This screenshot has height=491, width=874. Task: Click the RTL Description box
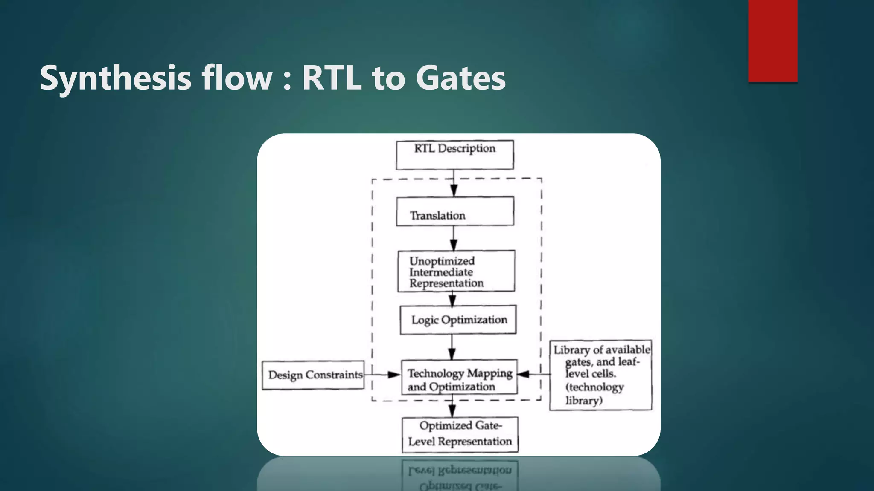454,155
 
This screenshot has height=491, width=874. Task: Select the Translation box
455,211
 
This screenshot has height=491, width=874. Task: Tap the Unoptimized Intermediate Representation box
456,271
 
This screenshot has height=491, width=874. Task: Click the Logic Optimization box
458,320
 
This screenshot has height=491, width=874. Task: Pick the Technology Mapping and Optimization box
459,377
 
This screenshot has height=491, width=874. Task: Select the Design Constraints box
313,375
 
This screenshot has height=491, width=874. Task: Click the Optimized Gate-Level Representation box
460,434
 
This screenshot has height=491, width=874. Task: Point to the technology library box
600,375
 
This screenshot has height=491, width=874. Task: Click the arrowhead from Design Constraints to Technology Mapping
394,375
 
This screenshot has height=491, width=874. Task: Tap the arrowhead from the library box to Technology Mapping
524,374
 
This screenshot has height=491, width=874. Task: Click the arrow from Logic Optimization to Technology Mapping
452,347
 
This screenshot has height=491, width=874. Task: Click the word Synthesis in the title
116,78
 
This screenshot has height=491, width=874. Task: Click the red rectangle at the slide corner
772,40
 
